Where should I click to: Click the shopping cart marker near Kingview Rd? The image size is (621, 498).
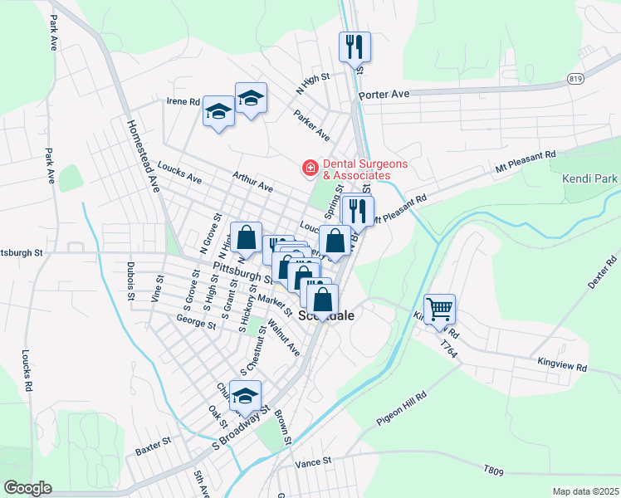click(x=439, y=309)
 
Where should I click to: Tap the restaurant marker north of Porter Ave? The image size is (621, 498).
click(x=355, y=46)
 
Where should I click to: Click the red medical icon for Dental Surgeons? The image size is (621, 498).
click(x=310, y=169)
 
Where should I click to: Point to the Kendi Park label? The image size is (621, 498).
click(x=590, y=178)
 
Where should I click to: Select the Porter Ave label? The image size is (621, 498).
click(x=384, y=95)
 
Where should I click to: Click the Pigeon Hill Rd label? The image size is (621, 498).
click(x=401, y=409)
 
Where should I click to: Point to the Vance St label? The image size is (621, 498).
click(x=313, y=461)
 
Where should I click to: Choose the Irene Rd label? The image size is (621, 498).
click(x=183, y=101)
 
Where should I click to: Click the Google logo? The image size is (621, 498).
click(x=27, y=488)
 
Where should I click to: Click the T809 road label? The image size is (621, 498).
click(x=493, y=471)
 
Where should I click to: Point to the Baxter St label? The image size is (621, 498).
click(x=153, y=452)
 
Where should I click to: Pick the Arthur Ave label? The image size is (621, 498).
click(x=252, y=182)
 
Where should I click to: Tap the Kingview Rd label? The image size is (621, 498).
click(x=562, y=366)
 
